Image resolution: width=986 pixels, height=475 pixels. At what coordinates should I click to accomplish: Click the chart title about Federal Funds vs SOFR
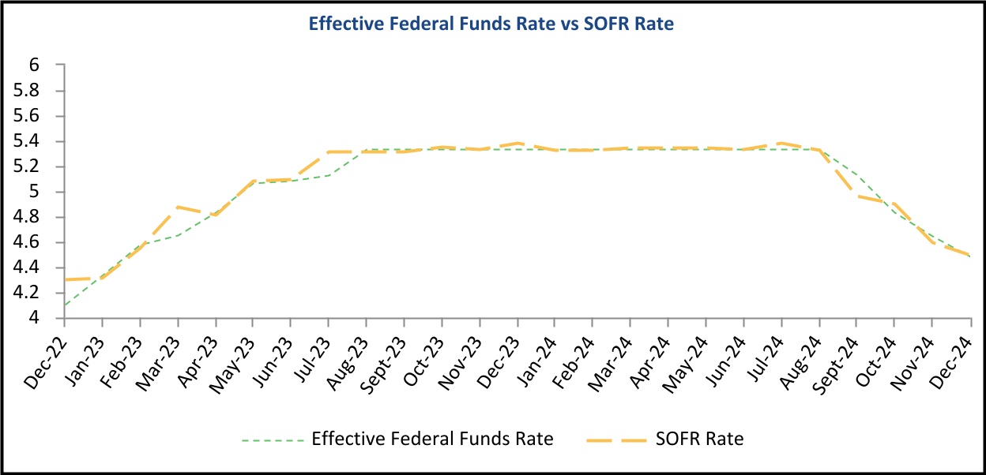tap(491, 24)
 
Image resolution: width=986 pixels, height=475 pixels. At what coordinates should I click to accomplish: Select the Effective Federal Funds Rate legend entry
tap(432, 439)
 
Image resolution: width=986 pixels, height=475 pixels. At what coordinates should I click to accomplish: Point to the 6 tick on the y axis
tap(34, 65)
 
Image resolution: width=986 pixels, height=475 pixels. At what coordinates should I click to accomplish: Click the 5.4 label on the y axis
tap(28, 141)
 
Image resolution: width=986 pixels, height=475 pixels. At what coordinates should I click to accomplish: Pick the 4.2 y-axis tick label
tap(28, 293)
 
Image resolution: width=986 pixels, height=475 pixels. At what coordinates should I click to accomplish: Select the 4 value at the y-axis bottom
tap(34, 318)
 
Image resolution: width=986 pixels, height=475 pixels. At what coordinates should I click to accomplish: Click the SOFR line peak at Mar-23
tap(178, 207)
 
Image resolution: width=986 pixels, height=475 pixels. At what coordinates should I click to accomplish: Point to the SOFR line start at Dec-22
tap(65, 280)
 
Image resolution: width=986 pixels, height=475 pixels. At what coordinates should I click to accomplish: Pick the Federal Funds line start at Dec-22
tap(65, 305)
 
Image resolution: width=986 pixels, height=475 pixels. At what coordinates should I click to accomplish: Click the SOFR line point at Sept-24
tap(857, 195)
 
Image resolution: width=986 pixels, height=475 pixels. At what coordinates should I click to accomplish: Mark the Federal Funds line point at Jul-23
tap(329, 175)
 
